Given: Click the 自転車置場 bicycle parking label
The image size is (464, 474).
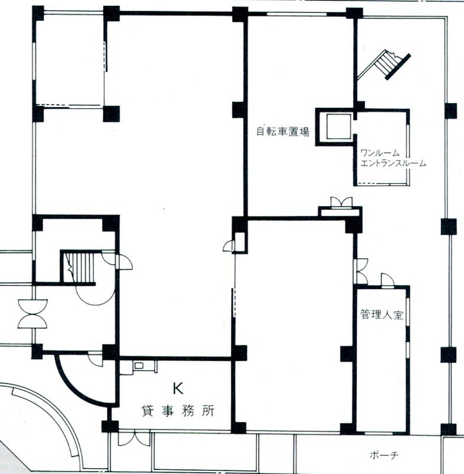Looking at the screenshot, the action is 282,132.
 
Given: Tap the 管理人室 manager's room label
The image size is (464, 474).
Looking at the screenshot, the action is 382,315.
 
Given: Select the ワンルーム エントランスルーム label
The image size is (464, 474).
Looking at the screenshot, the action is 393,158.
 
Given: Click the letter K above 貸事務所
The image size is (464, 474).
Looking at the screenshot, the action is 178,388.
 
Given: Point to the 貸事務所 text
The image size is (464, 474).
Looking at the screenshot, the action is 178,411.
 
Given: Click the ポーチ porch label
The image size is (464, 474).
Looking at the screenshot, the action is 384,455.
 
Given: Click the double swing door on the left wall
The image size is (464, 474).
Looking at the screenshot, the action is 33,314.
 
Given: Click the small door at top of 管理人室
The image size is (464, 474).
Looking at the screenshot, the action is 387,280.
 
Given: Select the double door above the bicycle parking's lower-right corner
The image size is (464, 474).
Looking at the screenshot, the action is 342,202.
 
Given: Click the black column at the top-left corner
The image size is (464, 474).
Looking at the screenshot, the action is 38,13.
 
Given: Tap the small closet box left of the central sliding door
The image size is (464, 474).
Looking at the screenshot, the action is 240,242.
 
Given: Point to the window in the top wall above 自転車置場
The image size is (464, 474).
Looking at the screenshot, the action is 297,14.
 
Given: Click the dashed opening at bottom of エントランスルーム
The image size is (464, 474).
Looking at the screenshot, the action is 382,184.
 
